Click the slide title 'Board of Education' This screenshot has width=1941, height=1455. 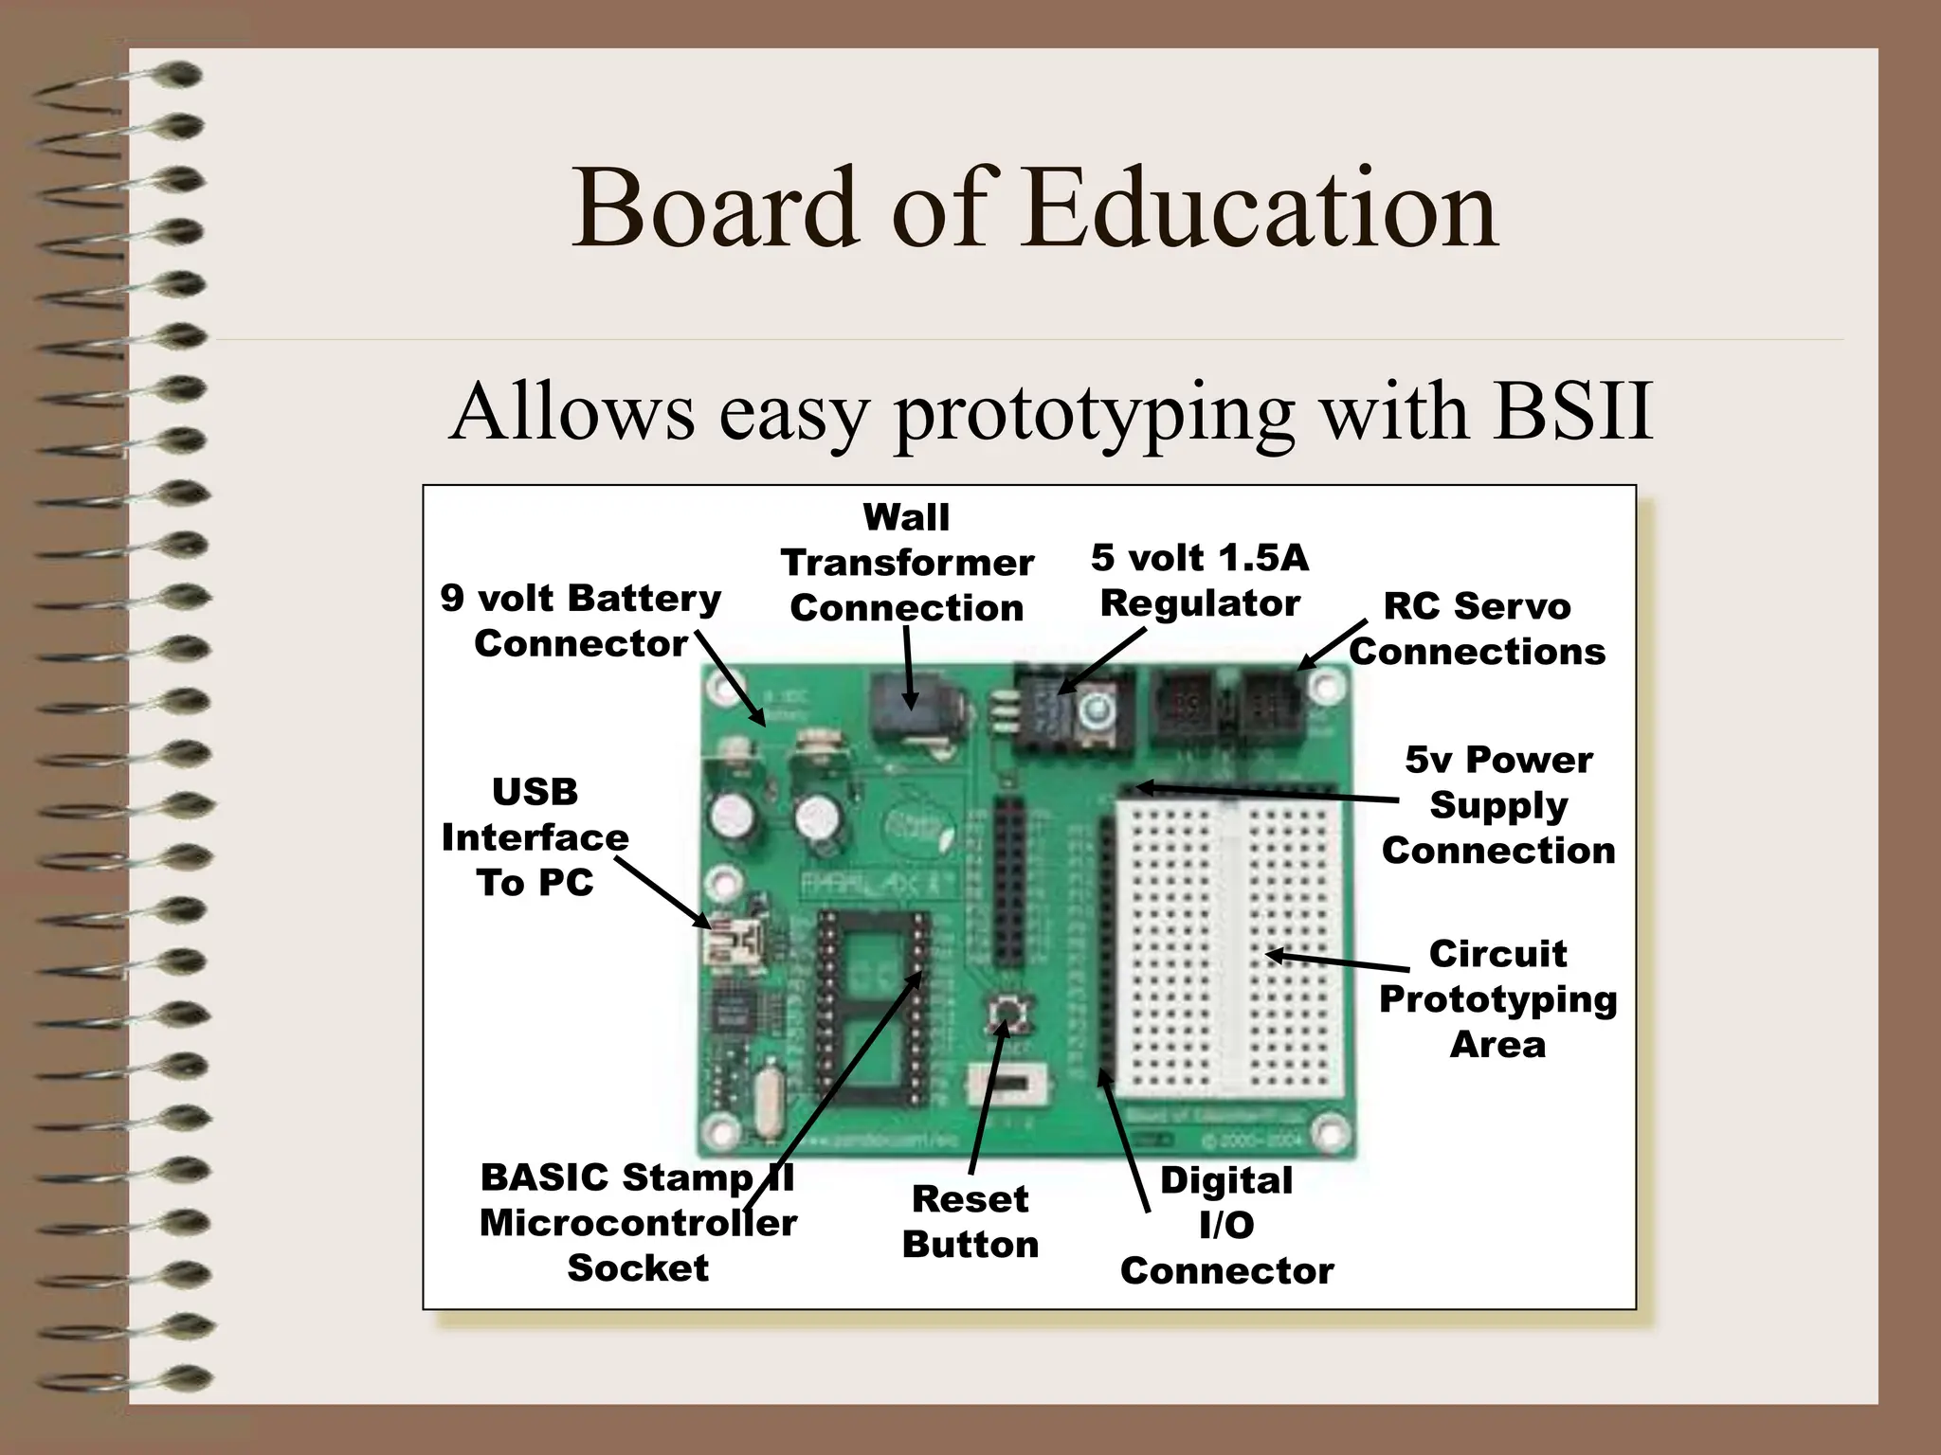pos(1034,207)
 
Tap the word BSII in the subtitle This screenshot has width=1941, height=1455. pos(1572,412)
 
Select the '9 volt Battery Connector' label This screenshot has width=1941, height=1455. pos(580,620)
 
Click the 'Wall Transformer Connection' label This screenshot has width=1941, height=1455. pos(907,563)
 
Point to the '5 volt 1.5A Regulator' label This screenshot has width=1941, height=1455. pos(1200,580)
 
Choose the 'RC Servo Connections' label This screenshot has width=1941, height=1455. pos(1477,629)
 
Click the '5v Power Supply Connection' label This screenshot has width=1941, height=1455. pos(1498,805)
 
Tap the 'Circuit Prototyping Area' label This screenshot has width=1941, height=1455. pos(1497,998)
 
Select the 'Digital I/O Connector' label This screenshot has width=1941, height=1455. pos(1226,1226)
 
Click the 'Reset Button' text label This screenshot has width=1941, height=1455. pos(970,1221)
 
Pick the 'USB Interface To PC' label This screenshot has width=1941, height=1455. pos(535,837)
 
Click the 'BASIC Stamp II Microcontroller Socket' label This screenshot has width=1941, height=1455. pos(638,1222)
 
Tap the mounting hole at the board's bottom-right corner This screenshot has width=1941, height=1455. pos(1329,1133)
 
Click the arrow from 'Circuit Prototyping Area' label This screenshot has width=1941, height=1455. pos(1336,961)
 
